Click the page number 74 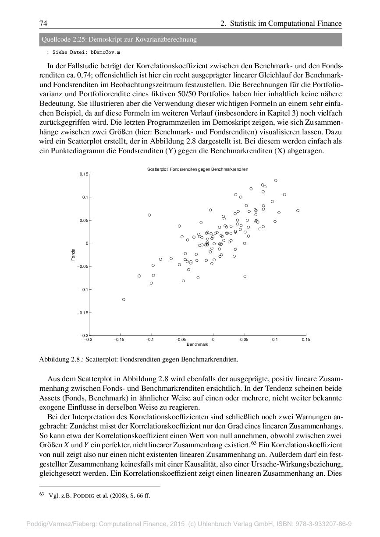click(43, 23)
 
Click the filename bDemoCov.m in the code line click(105, 52)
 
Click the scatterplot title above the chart click(198, 169)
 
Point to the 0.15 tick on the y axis click(84, 174)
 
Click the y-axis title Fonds click(74, 255)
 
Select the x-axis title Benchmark click(197, 345)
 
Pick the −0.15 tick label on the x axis click(119, 340)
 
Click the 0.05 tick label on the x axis click(244, 340)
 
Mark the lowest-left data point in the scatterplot click(124, 299)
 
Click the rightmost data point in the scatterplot click(298, 211)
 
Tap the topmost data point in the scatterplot click(276, 180)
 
